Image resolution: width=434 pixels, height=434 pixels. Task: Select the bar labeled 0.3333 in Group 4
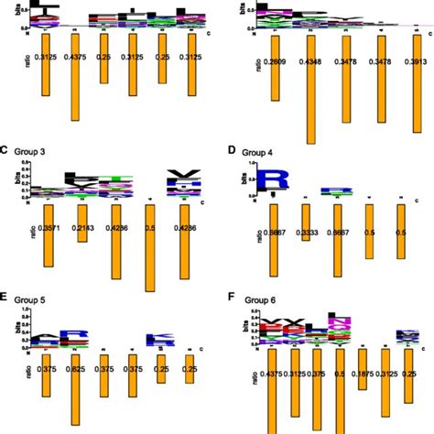pyautogui.click(x=305, y=228)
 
